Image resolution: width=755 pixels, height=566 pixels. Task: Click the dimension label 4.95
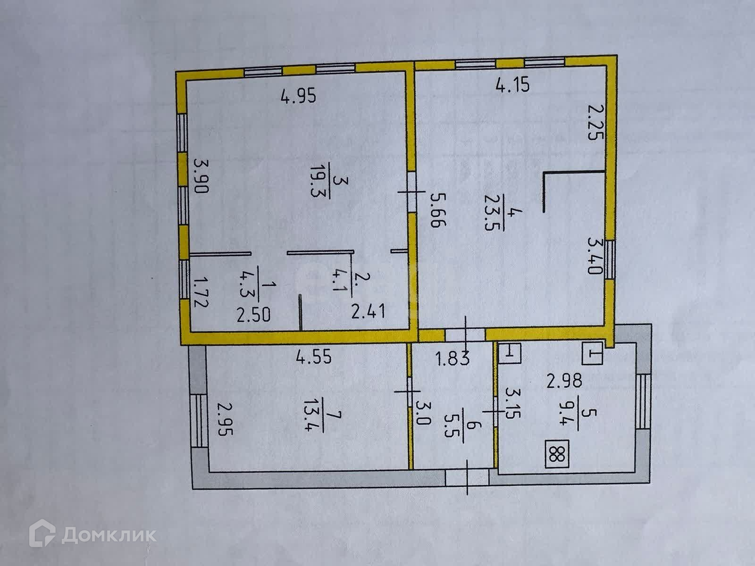tap(298, 97)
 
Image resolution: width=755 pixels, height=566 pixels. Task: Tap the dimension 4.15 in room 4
tap(512, 86)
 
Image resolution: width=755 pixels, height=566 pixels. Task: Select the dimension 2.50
tap(254, 315)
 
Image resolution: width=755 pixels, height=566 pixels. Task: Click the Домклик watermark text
tap(109, 535)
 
